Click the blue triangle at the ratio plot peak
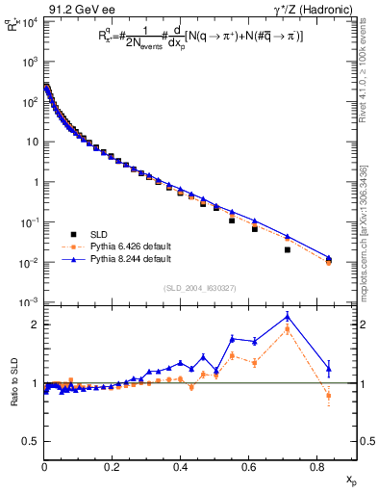(x=288, y=316)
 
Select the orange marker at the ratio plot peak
(x=288, y=328)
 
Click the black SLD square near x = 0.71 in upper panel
(x=288, y=249)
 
